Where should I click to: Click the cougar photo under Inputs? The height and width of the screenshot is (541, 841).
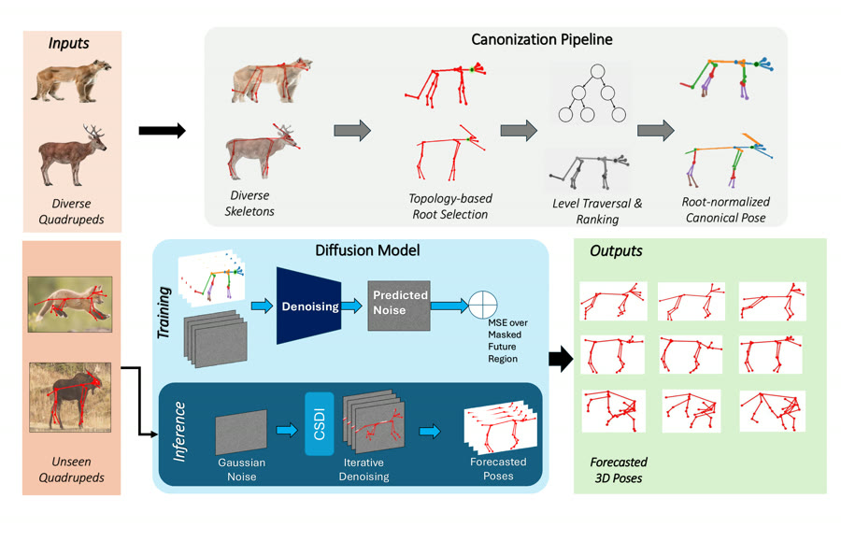coord(71,81)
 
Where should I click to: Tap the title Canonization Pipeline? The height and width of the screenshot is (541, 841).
coord(542,39)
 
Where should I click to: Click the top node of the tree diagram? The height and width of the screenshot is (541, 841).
coord(597,71)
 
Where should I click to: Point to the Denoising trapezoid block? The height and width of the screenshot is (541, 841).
coord(309,306)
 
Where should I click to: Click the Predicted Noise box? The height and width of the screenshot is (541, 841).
coord(399,306)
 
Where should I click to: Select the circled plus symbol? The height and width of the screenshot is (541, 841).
coord(483,306)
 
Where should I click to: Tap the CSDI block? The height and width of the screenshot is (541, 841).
coord(320,423)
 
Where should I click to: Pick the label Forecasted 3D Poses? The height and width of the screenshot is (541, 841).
coord(619,470)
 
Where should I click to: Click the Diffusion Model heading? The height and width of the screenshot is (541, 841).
coord(367,250)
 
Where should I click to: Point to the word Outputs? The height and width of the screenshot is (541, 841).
coord(616,251)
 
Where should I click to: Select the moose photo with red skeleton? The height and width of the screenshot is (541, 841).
coord(70,397)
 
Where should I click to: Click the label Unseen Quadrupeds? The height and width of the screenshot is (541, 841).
coord(71,469)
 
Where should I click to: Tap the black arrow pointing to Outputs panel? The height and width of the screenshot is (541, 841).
coord(561,359)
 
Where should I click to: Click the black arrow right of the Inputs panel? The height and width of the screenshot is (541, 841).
coord(162,130)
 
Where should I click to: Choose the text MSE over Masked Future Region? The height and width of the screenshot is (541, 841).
coord(507,340)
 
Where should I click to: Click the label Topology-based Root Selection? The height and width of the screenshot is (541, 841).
coord(450,206)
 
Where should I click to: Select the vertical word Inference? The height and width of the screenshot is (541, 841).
coord(179,432)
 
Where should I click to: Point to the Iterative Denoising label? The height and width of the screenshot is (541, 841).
coord(363,469)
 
